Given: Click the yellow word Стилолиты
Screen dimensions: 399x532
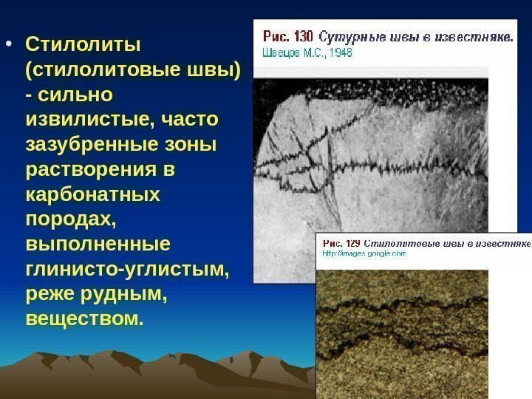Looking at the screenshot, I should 82,45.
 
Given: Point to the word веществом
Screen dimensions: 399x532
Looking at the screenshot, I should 82,320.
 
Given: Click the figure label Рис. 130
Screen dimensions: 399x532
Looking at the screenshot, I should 288,36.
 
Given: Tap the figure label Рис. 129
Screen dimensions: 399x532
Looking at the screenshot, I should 342,242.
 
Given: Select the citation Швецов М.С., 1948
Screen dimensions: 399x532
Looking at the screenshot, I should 307,52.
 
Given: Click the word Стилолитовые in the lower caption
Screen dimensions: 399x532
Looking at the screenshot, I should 398,242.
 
